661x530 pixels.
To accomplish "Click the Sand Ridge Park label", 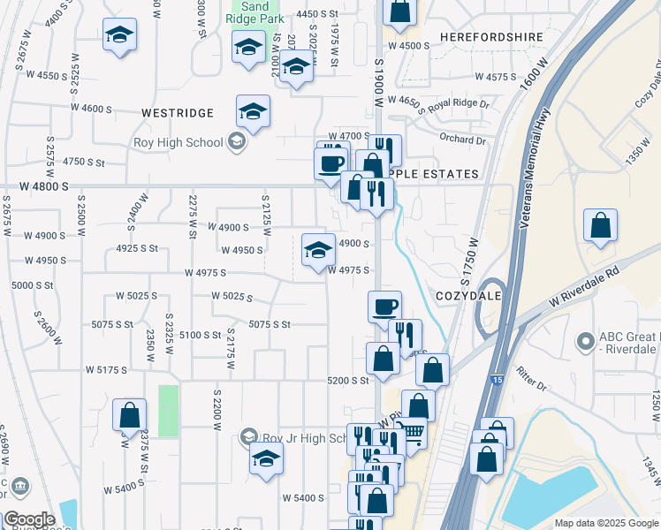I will [255, 11].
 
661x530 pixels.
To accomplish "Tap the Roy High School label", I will [177, 142].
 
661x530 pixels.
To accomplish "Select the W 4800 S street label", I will [34, 186].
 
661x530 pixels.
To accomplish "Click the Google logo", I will [29, 520].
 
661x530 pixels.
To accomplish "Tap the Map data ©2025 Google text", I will [605, 523].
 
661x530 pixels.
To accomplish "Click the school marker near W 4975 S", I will [318, 250].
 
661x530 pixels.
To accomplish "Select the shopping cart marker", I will [412, 433].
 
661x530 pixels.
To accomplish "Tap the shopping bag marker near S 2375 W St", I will [129, 415].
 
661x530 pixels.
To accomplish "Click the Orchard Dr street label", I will [463, 140].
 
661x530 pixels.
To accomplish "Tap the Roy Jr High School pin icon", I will [250, 437].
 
